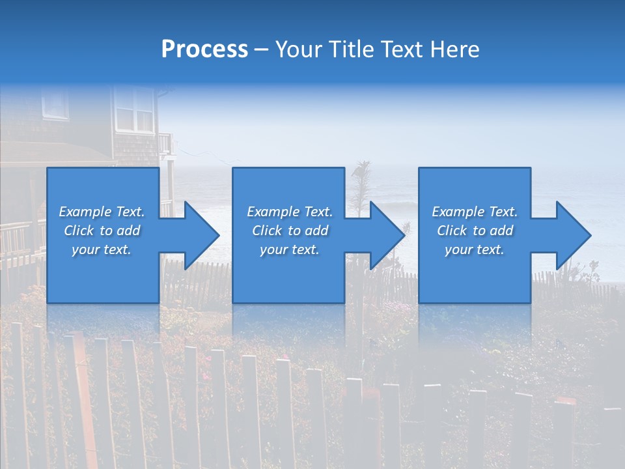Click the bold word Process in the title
tap(204, 50)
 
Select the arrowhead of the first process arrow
tap(201, 235)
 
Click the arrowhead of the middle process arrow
tap(387, 235)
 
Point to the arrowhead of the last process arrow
tap(572, 235)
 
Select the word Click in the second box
tap(267, 231)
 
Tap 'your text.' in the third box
tap(475, 249)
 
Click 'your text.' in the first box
tap(102, 249)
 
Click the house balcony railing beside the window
tap(165, 143)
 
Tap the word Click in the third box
tap(452, 231)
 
